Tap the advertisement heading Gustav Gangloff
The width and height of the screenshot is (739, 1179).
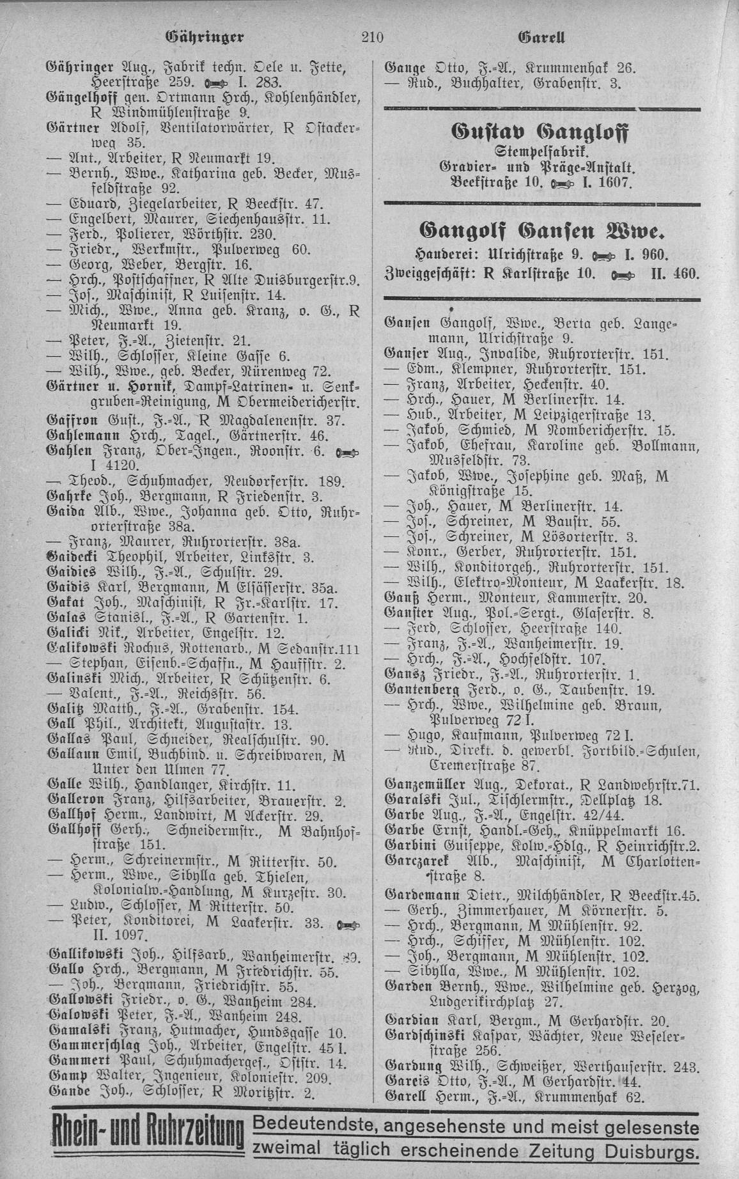[543, 135]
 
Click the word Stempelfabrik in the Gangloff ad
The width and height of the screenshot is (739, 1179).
[543, 154]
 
